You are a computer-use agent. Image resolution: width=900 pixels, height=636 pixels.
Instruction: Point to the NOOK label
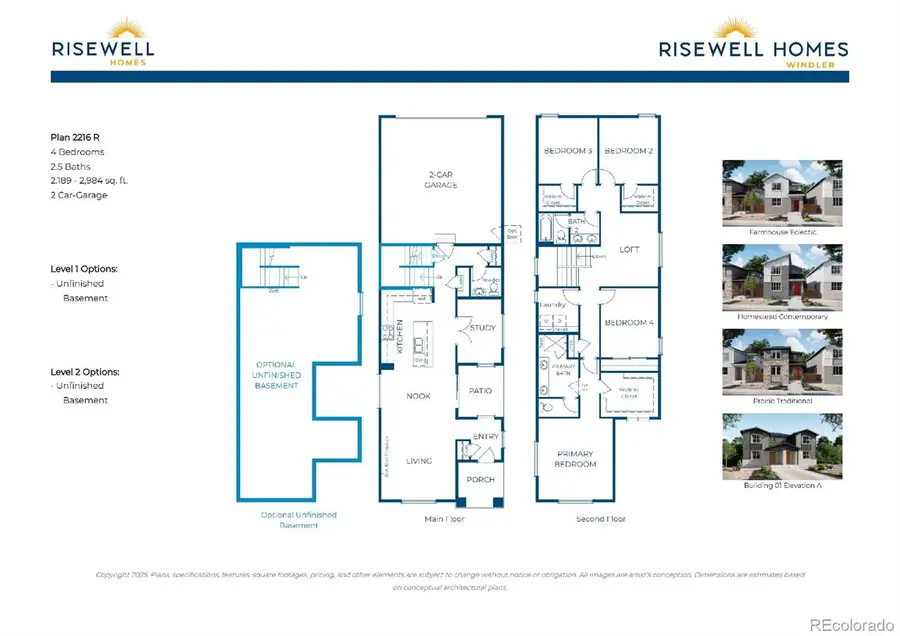pos(418,396)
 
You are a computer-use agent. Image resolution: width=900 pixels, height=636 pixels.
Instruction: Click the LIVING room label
pos(418,460)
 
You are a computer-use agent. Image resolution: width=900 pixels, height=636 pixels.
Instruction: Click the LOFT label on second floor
pos(629,250)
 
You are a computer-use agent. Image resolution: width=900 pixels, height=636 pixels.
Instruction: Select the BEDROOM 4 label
pos(628,322)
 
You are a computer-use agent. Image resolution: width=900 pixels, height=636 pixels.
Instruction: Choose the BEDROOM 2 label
pos(628,150)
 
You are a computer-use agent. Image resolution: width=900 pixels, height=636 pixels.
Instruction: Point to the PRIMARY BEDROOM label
pos(575,458)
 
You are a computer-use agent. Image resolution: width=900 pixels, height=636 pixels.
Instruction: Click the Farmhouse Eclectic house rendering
pos(781,194)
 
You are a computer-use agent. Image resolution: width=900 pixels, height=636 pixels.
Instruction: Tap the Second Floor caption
pos(600,519)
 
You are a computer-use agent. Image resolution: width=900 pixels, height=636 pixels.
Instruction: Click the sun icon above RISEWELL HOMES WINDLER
pos(753,27)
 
